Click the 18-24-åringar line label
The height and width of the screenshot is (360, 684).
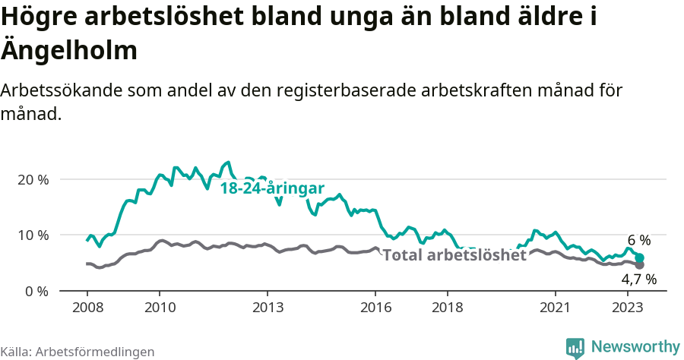(x=272, y=189)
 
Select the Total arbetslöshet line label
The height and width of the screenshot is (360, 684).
(x=454, y=255)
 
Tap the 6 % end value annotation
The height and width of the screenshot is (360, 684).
(x=638, y=241)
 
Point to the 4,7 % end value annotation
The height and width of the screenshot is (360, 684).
(x=638, y=279)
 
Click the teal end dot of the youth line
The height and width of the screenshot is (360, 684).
(x=640, y=258)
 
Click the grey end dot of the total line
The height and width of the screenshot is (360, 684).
(x=639, y=265)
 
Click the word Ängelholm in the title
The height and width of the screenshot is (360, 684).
(x=70, y=51)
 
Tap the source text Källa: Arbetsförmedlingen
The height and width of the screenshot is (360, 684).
(x=78, y=352)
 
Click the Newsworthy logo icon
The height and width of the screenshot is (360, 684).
(x=576, y=348)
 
